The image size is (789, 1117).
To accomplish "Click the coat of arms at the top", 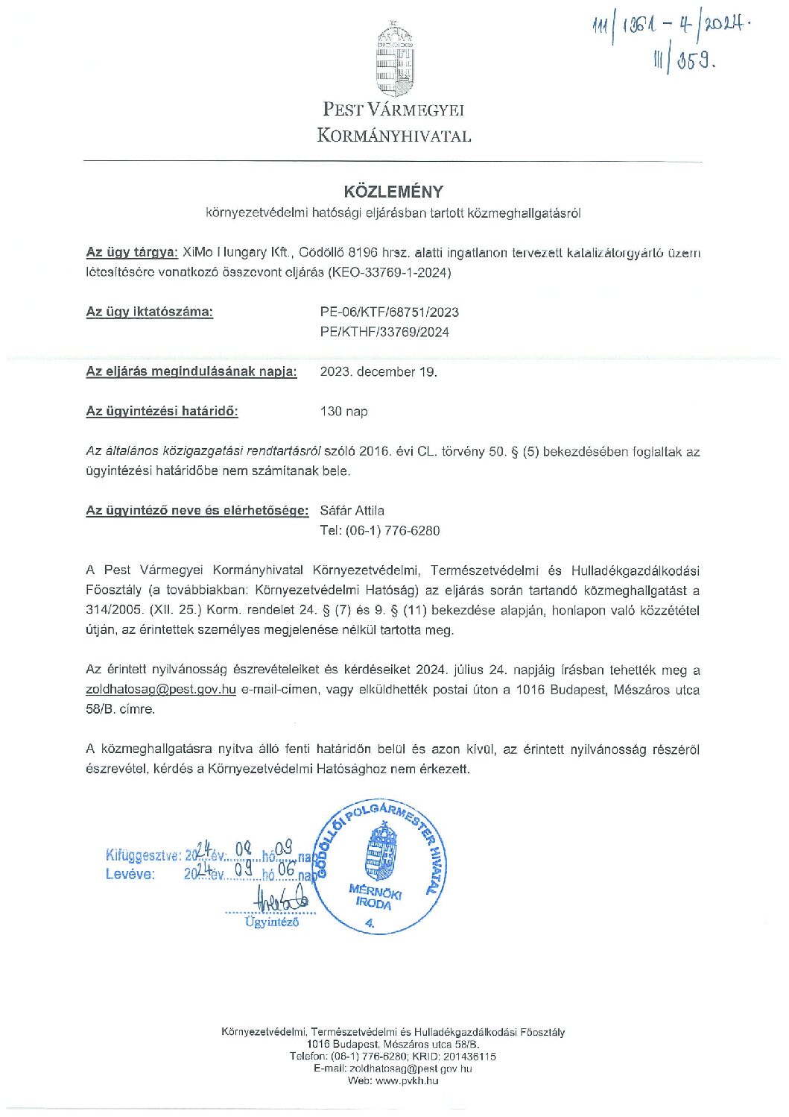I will click(394, 59).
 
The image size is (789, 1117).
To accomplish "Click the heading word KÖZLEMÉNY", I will click(393, 192).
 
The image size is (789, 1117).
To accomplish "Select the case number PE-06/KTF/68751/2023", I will click(389, 312).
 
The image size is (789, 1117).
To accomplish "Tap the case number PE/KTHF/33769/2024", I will click(384, 333).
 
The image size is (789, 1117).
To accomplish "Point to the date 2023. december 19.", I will click(378, 372).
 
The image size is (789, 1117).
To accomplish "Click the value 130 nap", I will click(343, 412).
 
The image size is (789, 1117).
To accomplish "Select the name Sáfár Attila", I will click(352, 511).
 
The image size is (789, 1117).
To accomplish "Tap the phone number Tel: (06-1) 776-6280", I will click(379, 531).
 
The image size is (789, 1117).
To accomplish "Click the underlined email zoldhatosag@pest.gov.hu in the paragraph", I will click(161, 690).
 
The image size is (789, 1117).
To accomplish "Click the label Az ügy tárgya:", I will click(132, 253).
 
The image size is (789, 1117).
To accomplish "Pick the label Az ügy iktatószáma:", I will click(150, 312).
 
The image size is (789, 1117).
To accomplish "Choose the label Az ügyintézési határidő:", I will click(162, 412).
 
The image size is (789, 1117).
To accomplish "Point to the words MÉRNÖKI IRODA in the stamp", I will click(375, 897).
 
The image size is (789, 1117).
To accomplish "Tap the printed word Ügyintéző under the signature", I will click(272, 922).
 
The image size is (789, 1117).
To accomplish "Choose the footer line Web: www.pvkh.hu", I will click(393, 1080).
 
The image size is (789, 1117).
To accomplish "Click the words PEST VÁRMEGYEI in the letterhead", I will click(393, 110).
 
